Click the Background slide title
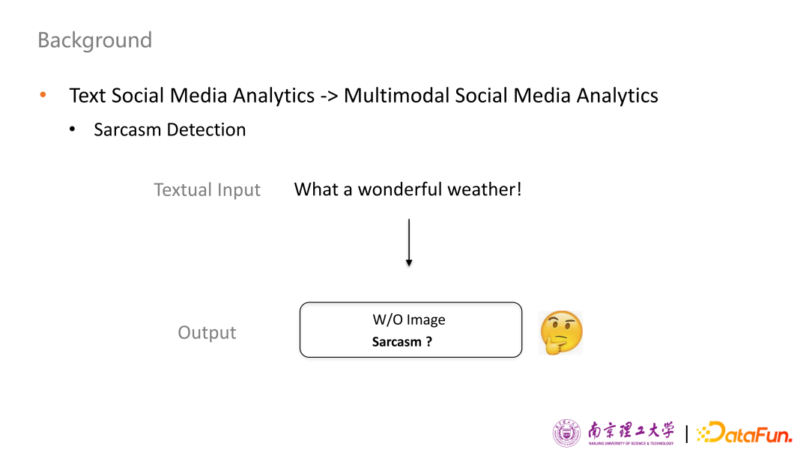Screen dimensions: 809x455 (95, 40)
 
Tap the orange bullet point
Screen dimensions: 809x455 (43, 95)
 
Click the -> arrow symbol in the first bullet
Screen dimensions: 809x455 (329, 96)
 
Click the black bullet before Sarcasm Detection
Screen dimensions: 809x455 (72, 129)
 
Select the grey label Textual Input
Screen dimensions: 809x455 (207, 189)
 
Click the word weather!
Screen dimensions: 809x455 (485, 189)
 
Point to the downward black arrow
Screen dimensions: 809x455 (409, 242)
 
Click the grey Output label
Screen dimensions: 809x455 (207, 332)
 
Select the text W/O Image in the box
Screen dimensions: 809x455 (409, 320)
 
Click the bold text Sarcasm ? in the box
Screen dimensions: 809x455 (402, 342)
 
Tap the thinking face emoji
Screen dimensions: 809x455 (561, 332)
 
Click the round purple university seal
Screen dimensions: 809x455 (566, 433)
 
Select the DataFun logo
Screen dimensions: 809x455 (745, 433)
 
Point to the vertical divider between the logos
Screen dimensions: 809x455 (687, 433)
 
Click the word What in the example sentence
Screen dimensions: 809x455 (316, 189)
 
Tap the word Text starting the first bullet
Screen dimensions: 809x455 (88, 95)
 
